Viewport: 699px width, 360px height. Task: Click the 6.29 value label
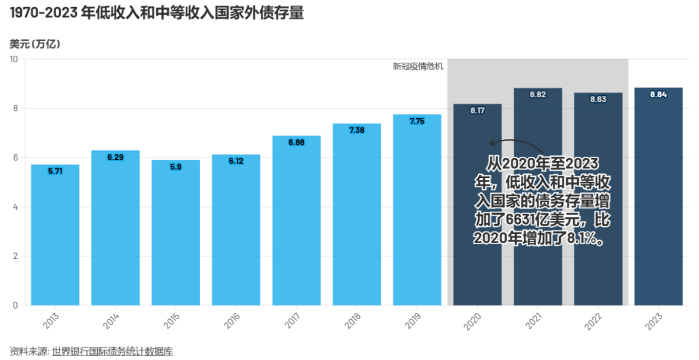(x=115, y=157)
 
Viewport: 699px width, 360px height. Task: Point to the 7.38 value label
(x=357, y=130)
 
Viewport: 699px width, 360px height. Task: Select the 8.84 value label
(x=658, y=95)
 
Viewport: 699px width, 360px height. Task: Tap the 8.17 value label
(x=477, y=111)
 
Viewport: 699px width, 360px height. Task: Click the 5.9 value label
(x=175, y=166)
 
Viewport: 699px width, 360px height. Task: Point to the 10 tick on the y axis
(x=14, y=59)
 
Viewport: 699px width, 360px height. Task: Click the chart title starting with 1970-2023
(x=156, y=13)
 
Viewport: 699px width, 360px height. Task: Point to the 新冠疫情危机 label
(x=418, y=66)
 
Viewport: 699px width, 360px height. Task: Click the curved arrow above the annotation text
(x=515, y=144)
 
